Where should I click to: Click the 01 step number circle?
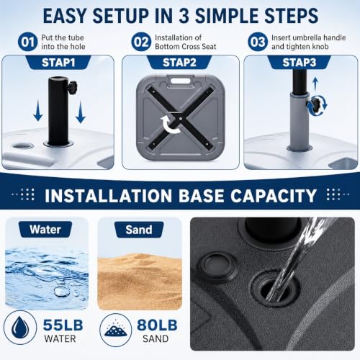[x=28, y=42]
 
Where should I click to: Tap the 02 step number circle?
[x=142, y=42]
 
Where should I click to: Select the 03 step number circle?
[x=258, y=42]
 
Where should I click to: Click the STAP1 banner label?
[x=58, y=63]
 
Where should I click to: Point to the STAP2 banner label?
[x=179, y=63]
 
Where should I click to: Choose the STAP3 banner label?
[x=299, y=63]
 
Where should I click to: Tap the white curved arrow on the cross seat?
[x=170, y=125]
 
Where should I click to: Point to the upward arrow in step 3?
[x=315, y=84]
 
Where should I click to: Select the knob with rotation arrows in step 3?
[x=316, y=105]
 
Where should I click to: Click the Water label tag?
[x=45, y=230]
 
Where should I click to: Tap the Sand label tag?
[x=139, y=230]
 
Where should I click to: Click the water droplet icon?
[x=20, y=327]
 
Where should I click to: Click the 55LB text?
[x=63, y=325]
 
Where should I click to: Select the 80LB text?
[x=157, y=325]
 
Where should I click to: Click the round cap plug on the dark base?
[x=217, y=266]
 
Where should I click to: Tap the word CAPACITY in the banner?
[x=274, y=196]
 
